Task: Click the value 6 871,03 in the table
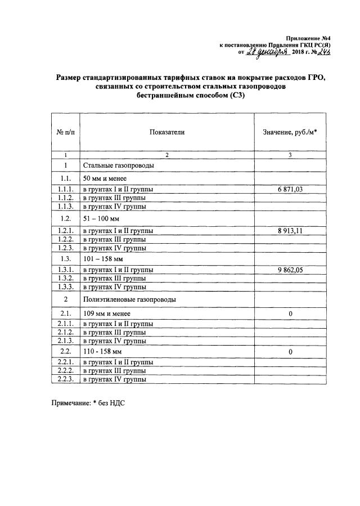(x=290, y=190)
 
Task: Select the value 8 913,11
(x=290, y=230)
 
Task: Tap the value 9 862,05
(x=290, y=270)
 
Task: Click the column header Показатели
(x=166, y=132)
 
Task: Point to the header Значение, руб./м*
(x=290, y=132)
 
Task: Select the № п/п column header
(x=65, y=132)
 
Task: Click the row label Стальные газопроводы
(x=119, y=165)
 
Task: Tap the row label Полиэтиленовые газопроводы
(x=129, y=299)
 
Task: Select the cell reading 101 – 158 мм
(x=103, y=259)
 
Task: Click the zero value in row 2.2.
(x=290, y=352)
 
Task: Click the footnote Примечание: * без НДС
(x=87, y=404)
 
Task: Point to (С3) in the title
(x=234, y=96)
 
